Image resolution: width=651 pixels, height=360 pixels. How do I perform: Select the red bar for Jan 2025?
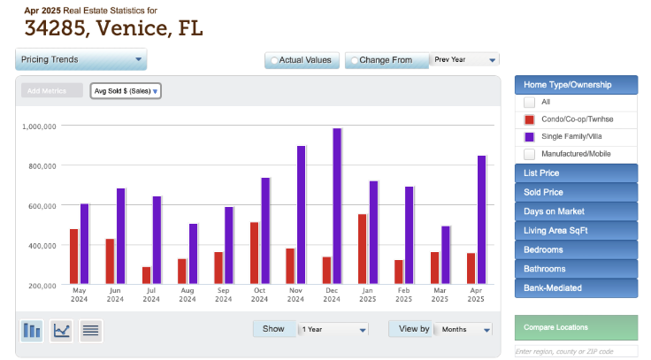tap(362, 249)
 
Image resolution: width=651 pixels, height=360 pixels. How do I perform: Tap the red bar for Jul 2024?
tap(146, 274)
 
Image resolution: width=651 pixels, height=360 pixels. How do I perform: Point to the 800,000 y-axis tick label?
tap(39, 165)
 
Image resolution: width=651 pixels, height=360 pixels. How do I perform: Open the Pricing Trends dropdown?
tap(80, 59)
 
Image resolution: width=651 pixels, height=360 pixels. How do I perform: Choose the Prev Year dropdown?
tap(465, 59)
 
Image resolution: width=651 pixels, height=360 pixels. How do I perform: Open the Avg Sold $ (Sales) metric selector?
tap(126, 90)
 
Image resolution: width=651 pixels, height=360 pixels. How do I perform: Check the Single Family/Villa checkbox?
tap(530, 136)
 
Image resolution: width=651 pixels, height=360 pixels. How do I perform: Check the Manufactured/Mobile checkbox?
tap(530, 154)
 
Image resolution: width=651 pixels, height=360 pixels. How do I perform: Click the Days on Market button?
tap(576, 211)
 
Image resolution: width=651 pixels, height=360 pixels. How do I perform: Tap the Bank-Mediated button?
tap(576, 288)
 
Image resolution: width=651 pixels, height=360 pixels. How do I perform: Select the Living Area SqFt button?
tap(576, 231)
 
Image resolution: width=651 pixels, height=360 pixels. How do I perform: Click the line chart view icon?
tap(62, 331)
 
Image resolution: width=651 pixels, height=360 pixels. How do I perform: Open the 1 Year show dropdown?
tap(333, 329)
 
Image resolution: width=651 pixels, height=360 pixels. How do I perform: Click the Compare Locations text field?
tap(576, 351)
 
